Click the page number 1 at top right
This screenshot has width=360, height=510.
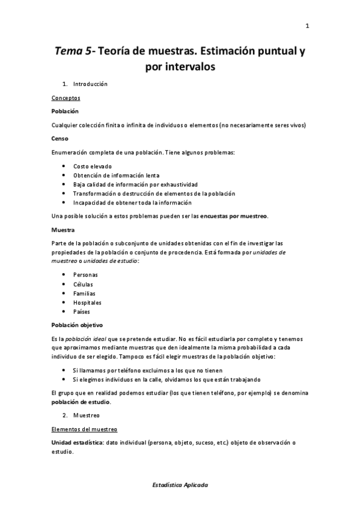click(x=307, y=25)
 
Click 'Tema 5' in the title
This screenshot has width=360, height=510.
click(x=73, y=51)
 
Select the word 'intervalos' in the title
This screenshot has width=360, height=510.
click(x=180, y=67)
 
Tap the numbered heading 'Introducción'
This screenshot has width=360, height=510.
click(x=90, y=84)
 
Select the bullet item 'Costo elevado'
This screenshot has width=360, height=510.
click(x=92, y=166)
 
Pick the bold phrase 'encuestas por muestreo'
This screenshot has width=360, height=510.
click(x=234, y=216)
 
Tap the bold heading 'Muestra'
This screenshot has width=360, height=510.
click(x=63, y=229)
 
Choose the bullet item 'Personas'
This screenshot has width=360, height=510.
click(x=85, y=275)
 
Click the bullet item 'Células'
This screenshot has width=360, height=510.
click(x=83, y=284)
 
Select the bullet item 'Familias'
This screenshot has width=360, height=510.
click(x=84, y=293)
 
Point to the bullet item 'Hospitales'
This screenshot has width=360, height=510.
click(x=87, y=303)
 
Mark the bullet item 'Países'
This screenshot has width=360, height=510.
click(x=82, y=312)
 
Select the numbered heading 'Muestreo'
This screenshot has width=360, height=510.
click(x=87, y=415)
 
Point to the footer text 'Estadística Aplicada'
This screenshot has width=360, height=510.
click(x=180, y=484)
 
